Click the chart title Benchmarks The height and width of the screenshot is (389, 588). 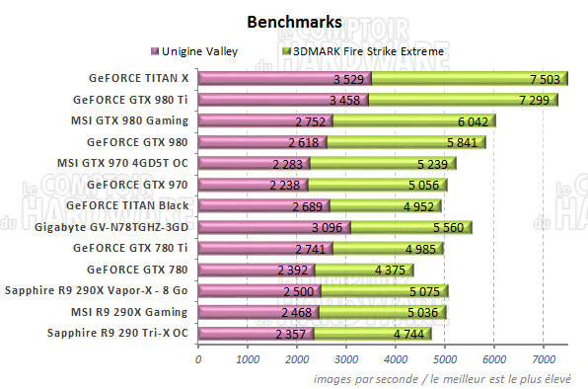pos(293,21)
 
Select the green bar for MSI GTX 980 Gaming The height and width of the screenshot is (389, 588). pos(414,121)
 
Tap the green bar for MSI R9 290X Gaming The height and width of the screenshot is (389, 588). pos(385,312)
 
